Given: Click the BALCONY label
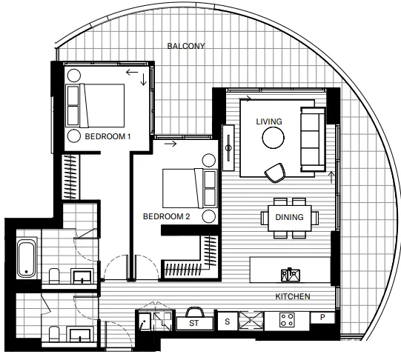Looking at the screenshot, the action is (x=186, y=46).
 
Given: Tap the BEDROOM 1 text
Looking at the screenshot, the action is (x=107, y=136).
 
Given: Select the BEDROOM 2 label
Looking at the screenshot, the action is (x=167, y=216).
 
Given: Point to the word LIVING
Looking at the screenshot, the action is (x=269, y=121).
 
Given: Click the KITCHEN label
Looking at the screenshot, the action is (x=293, y=296).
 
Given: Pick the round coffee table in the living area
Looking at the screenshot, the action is (x=273, y=138).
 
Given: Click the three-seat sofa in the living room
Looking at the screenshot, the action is (x=313, y=139).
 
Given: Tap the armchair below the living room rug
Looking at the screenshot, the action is (x=275, y=173).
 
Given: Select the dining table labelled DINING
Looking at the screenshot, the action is (x=290, y=218).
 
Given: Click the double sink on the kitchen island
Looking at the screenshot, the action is (x=291, y=275).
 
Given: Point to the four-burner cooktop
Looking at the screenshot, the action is (x=287, y=320).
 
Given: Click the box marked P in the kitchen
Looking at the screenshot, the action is (x=322, y=317).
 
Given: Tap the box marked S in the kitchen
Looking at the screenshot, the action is (x=228, y=321).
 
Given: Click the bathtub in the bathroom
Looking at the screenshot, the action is (x=27, y=258).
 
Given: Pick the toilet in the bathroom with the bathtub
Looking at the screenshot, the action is (x=54, y=276).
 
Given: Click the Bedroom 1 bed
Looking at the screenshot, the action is (x=95, y=105).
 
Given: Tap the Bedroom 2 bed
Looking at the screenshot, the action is (x=190, y=188).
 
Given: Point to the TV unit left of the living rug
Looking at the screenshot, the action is (x=228, y=147).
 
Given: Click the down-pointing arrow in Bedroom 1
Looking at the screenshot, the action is (x=144, y=79).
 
